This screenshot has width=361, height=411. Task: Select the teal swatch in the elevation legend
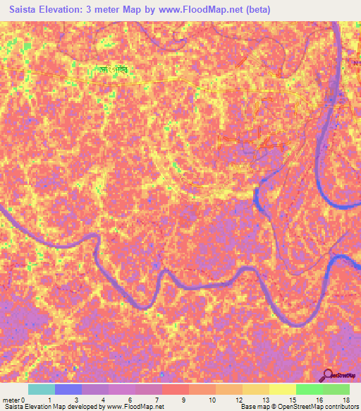click(x=42, y=389)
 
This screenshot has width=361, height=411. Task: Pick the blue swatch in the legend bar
click(x=68, y=389)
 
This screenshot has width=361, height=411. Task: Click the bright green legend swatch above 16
click(x=310, y=389)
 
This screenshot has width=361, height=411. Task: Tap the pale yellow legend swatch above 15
click(x=283, y=389)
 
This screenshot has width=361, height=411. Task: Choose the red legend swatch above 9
click(x=176, y=389)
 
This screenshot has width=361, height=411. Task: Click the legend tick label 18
click(x=346, y=400)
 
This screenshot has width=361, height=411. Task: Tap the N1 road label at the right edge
click(x=356, y=63)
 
